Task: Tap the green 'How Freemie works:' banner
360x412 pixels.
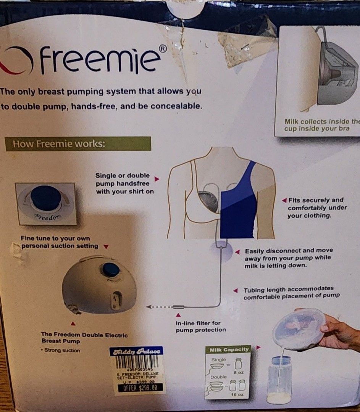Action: click(x=78, y=144)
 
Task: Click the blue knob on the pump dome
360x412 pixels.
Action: click(x=111, y=269)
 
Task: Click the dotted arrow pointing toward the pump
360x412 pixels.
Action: click(x=159, y=306)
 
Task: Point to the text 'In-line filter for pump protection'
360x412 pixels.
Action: click(x=200, y=327)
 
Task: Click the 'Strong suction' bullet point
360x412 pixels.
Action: click(x=61, y=350)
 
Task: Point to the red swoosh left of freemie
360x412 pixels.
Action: click(x=11, y=61)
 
